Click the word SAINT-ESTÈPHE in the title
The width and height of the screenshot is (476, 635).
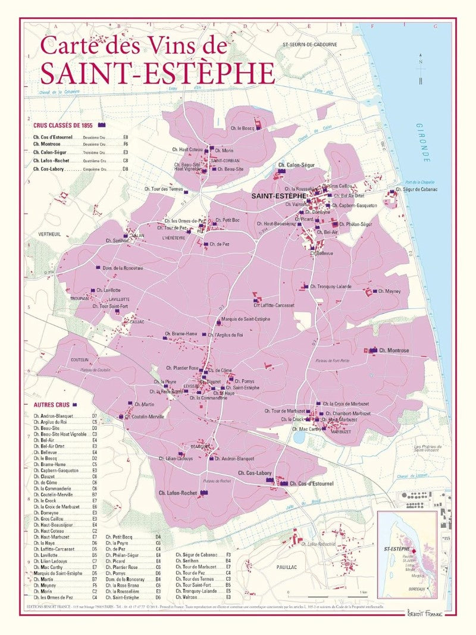158,73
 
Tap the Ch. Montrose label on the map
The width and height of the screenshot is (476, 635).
394,351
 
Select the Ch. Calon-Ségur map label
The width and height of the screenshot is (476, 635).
296,165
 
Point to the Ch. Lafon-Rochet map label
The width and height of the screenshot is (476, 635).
178,493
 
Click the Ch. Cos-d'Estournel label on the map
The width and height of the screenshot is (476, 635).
309,483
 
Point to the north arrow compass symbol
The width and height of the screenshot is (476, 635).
421,68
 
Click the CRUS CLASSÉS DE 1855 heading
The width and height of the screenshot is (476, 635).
61,126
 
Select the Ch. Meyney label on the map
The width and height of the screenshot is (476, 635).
390,292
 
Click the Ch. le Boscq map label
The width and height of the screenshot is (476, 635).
243,128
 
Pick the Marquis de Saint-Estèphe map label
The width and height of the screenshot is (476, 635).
246,320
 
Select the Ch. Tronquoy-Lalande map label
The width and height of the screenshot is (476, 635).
330,287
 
